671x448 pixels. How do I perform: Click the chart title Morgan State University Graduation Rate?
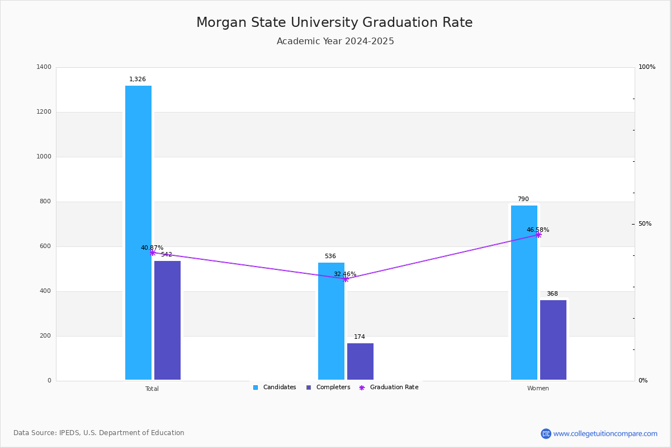[x=334, y=23]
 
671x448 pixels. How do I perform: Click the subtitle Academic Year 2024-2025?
[x=335, y=41]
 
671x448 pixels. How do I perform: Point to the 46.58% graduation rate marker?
[x=538, y=235]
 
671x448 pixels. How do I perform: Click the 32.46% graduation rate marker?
[x=346, y=279]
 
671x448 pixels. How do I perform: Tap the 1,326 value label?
[x=138, y=80]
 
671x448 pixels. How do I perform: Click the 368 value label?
[x=552, y=294]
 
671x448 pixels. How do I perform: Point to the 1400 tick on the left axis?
[x=44, y=67]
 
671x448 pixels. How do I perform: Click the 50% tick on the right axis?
[x=645, y=224]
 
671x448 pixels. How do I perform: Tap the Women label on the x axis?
[x=538, y=389]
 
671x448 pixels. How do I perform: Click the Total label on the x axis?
[x=152, y=389]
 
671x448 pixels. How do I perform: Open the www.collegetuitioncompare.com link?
[x=605, y=433]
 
